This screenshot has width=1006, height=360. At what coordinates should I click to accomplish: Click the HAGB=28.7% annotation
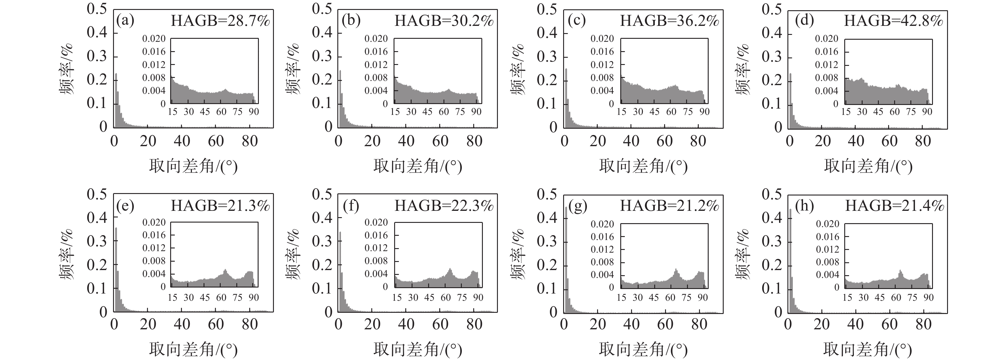click(x=220, y=21)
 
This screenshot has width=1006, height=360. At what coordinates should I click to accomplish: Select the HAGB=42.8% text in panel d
click(x=894, y=21)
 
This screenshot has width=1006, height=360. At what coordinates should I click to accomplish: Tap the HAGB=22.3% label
click(x=444, y=205)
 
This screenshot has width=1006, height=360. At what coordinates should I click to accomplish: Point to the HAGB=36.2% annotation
click(x=669, y=21)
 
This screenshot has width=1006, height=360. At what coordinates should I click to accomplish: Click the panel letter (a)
click(x=125, y=20)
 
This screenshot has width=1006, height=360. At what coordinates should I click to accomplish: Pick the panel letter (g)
click(x=578, y=206)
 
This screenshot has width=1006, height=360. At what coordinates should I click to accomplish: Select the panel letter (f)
click(x=350, y=205)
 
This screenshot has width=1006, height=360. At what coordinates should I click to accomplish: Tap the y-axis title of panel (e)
click(x=66, y=254)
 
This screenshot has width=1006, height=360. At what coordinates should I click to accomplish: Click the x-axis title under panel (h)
click(x=867, y=349)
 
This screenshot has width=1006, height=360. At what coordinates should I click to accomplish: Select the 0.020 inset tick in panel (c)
click(x=602, y=39)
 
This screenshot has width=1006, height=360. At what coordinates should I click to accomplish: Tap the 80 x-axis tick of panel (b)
click(x=474, y=141)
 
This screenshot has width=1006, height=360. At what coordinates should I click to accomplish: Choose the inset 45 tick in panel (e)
click(x=205, y=297)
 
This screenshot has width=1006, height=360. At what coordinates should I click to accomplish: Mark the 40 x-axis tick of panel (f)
click(x=406, y=324)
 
